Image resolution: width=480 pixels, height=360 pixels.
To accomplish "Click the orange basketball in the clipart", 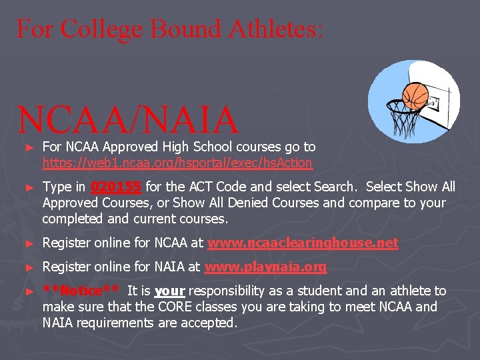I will (415, 95).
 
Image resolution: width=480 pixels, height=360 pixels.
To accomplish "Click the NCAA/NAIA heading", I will (128, 119).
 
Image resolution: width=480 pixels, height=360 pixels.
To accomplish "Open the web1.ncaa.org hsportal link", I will (177, 163).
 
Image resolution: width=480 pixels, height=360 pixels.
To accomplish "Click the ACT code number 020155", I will (116, 187).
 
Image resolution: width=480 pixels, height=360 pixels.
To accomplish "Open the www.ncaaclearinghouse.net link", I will (303, 243).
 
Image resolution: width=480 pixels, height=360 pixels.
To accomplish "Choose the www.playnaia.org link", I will (265, 267).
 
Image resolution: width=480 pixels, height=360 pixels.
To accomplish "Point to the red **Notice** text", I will (81, 291).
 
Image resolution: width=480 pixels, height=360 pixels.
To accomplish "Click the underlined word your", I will (169, 291).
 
